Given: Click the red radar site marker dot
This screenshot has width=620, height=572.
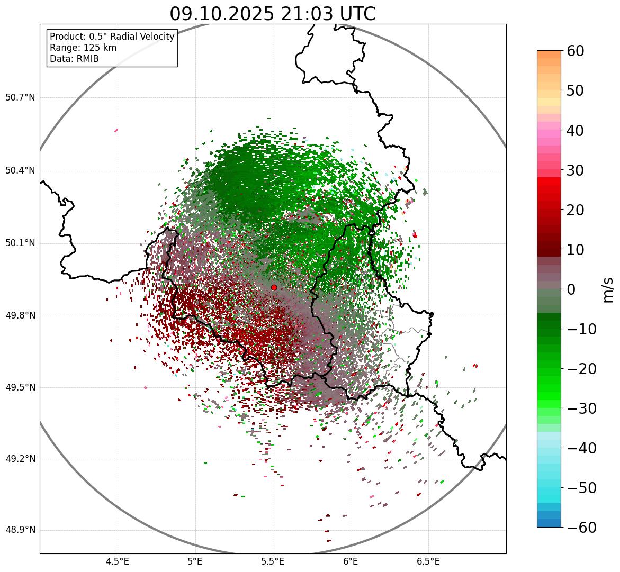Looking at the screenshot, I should pos(274,287).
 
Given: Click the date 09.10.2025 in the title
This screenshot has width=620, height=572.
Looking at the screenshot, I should pos(222,14).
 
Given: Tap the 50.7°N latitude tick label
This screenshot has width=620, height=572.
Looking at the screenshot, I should pos(20,98).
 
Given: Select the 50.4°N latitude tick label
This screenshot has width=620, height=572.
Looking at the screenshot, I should pos(20,171).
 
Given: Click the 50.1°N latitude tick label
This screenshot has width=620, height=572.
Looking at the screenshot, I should pos(20,243).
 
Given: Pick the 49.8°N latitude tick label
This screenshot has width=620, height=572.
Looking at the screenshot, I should pos(20,316).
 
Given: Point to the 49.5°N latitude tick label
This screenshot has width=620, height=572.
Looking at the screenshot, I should pos(20,387).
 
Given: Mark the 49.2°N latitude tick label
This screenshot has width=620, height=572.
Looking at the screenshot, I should pos(20,459).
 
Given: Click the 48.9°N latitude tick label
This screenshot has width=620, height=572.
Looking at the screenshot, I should pos(20,530).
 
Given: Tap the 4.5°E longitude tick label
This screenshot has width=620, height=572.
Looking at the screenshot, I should pos(118,561).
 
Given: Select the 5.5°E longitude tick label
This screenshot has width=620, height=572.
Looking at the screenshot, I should pos(273,561).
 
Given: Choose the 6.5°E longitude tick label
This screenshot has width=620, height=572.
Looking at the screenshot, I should pos(428,561).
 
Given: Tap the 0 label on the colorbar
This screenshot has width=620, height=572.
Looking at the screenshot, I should pos(571,289).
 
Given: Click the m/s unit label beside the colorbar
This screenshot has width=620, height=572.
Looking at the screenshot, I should pos(607,289).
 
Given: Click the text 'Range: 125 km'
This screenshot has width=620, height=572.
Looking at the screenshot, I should pos(83,48).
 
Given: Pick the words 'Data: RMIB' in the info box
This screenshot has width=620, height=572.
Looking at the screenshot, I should pos(74,59).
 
